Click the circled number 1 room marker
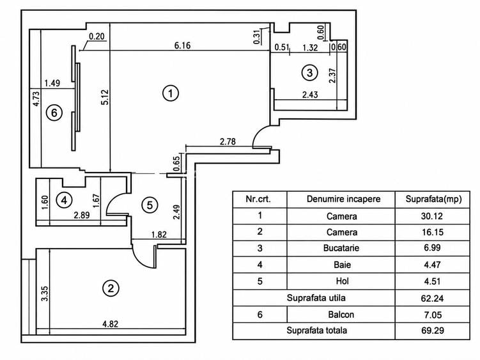pos(171,93)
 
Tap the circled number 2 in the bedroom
pos(111,288)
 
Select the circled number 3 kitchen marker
pos(309,73)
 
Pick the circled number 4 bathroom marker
pos(64,200)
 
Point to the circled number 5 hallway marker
pos(150,205)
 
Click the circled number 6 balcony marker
pos(54,113)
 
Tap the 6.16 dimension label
pos(182,45)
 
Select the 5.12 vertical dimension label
pos(105,97)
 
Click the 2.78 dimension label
pos(228,141)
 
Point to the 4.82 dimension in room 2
pos(110,324)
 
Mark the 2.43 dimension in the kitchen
pos(310,95)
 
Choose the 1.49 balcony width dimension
pos(52,83)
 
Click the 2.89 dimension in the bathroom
pos(82,215)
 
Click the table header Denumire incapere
pos(343,199)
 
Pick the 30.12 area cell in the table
pos(432,216)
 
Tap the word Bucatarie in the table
pos(341,248)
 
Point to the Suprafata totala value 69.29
pos(432,331)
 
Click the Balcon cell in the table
pos(341,315)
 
